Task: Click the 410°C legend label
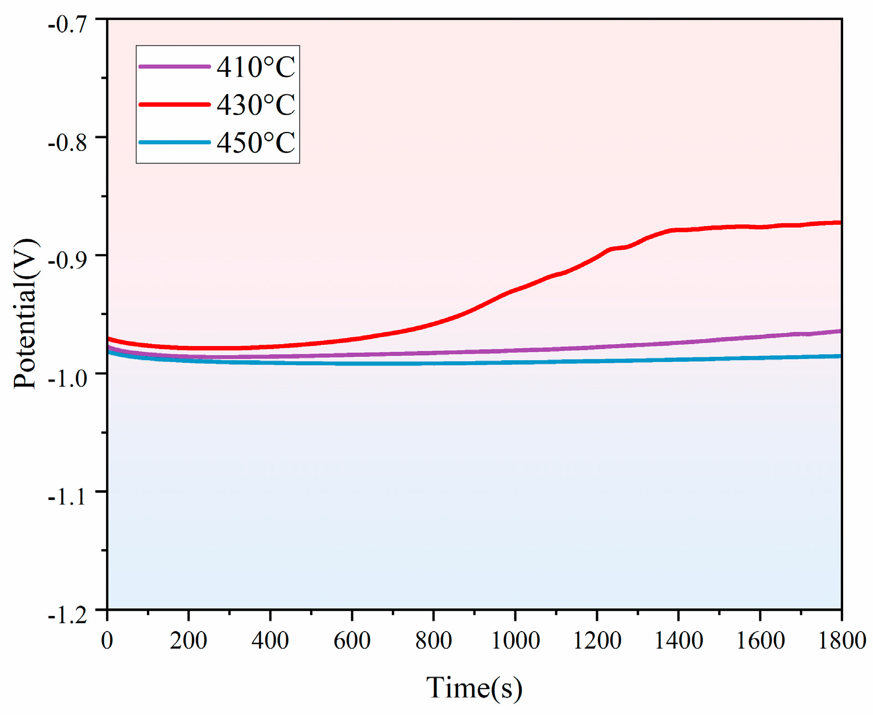(256, 67)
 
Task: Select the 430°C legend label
(256, 105)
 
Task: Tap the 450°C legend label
(256, 143)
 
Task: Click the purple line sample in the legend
(175, 67)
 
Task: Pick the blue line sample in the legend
(175, 143)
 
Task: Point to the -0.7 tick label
(67, 24)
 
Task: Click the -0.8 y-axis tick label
(67, 143)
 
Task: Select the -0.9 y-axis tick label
(67, 260)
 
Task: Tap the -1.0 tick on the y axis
(67, 378)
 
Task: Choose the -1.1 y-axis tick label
(67, 497)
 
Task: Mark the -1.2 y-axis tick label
(67, 614)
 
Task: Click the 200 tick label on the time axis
(188, 640)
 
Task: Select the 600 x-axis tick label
(352, 640)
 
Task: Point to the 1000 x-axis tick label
(515, 640)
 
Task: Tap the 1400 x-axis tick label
(679, 640)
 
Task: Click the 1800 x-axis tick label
(842, 640)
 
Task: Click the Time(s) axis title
(474, 688)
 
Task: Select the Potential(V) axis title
(25, 314)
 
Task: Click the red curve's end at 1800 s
(839, 223)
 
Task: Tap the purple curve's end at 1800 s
(839, 332)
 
